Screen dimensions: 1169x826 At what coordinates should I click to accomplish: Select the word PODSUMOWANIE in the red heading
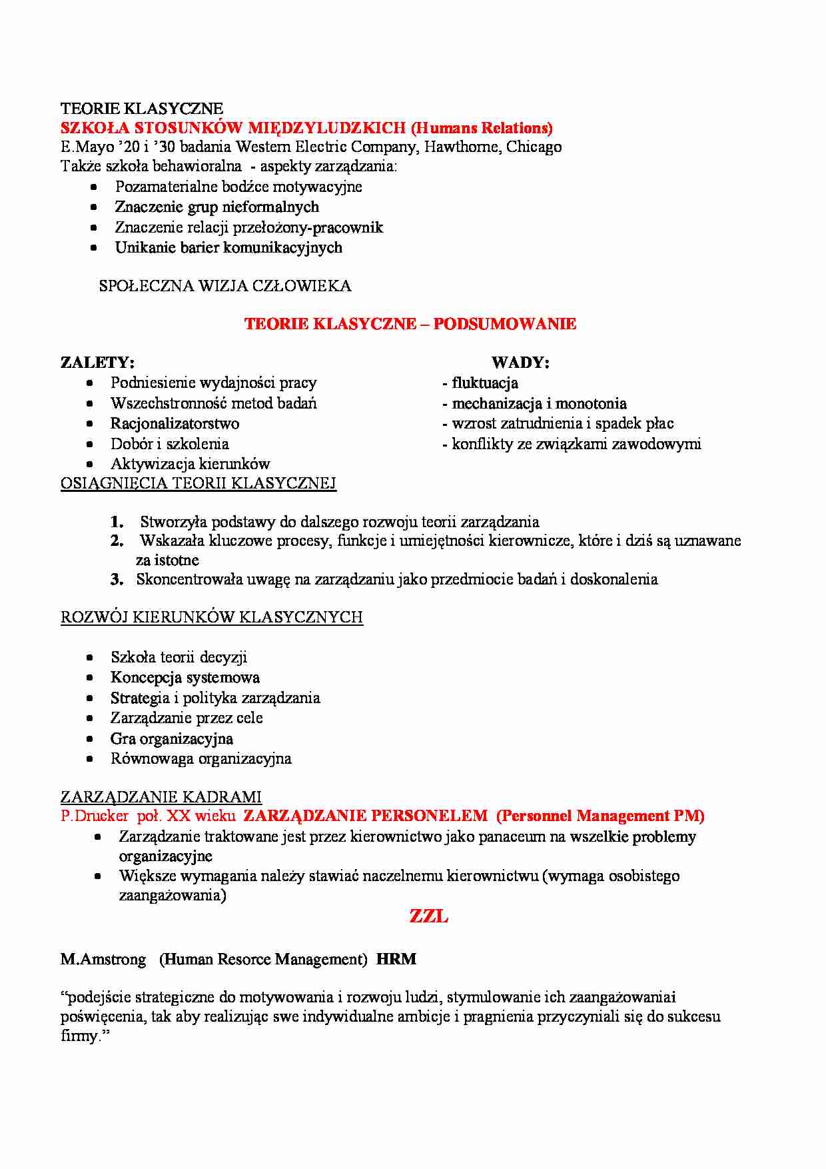504,325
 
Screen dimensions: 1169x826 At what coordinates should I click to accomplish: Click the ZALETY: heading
97,363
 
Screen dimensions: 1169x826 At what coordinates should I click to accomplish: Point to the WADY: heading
520,363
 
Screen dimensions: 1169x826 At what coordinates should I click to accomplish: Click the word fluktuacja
485,383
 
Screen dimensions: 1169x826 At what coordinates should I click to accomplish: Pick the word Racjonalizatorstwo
175,424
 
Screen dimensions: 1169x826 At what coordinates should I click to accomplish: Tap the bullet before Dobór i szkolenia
90,445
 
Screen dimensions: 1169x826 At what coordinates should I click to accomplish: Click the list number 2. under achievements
117,541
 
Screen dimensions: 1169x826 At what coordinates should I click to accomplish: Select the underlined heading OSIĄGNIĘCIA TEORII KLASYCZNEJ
199,484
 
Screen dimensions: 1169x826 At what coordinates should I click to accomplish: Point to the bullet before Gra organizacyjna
90,739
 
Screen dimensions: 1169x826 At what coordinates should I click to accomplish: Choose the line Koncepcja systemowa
185,678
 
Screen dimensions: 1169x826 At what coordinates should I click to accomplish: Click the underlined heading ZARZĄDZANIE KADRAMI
161,797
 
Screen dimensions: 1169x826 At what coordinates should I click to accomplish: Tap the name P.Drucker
95,816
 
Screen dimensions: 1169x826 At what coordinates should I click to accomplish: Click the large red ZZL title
428,917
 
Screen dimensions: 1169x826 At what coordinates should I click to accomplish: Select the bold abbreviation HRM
396,960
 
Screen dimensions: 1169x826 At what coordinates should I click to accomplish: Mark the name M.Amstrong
103,960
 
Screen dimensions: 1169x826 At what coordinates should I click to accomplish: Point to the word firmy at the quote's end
79,1036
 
